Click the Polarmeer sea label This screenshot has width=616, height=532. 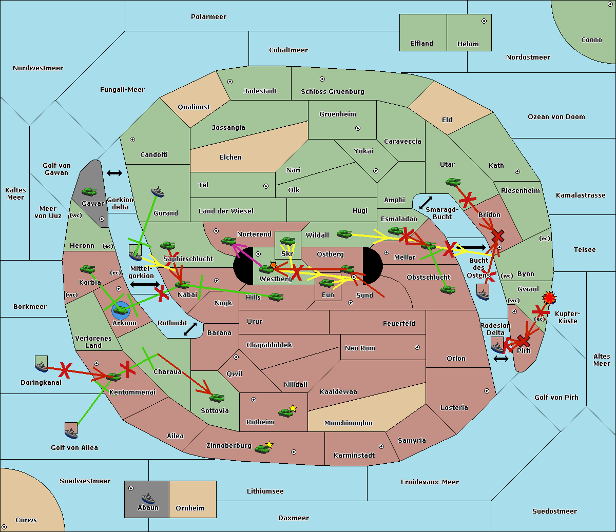208,17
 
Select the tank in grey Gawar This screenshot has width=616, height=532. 89,191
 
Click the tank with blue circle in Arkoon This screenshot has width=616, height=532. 121,310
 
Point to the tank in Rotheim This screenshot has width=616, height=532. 285,412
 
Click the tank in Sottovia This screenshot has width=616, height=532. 217,398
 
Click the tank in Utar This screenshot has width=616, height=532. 453,182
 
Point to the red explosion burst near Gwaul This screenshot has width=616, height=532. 549,298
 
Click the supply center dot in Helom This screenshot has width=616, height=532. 484,21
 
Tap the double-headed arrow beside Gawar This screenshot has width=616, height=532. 114,173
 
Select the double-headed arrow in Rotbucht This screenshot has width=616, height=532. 190,329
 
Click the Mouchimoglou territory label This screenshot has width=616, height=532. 349,423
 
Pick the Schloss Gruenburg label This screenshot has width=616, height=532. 333,91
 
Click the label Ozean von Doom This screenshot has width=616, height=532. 556,117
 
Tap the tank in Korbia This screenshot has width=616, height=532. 88,269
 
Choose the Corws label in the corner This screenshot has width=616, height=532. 26,520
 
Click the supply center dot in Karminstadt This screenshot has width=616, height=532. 381,446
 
